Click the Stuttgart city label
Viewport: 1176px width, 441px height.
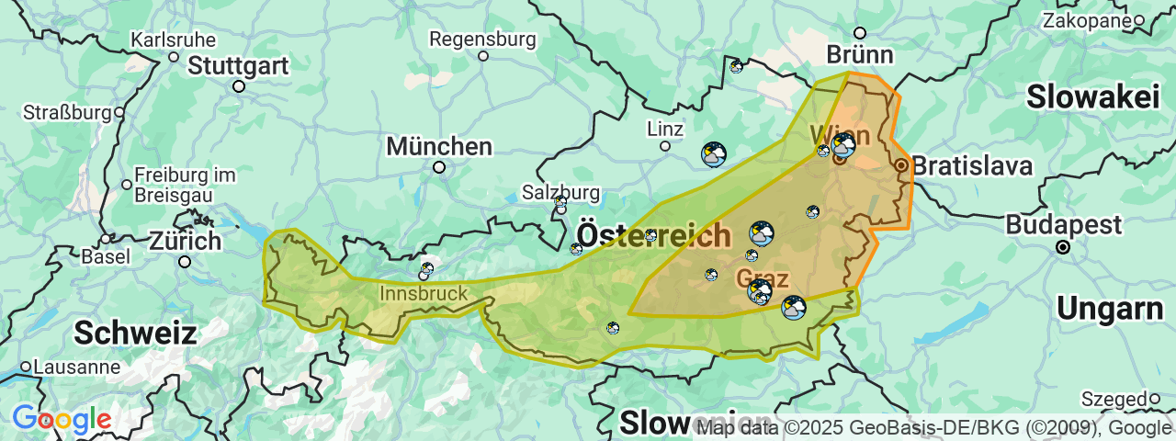click(x=238, y=66)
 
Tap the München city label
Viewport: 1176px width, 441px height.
click(x=439, y=146)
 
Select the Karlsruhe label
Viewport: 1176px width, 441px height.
click(x=174, y=40)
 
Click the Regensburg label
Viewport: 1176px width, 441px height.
click(x=482, y=40)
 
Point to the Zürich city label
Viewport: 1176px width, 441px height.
click(x=186, y=242)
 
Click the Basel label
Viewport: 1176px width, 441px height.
click(x=106, y=256)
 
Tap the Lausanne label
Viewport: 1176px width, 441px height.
click(x=76, y=367)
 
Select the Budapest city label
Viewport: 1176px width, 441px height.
click(x=1063, y=225)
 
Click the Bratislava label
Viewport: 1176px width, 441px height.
click(x=972, y=166)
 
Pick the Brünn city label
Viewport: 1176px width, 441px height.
click(x=859, y=55)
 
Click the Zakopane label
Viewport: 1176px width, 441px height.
click(x=1085, y=20)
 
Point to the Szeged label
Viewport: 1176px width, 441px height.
click(x=1114, y=399)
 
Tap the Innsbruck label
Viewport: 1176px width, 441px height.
click(x=424, y=294)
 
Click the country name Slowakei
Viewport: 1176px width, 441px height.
click(x=1093, y=96)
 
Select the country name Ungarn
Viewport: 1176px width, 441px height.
click(x=1110, y=309)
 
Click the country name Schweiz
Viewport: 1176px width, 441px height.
click(x=135, y=333)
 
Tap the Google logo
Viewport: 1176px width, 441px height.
click(x=62, y=420)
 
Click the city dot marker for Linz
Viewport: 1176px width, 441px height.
click(x=665, y=145)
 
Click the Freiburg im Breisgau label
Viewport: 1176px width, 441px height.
click(x=185, y=184)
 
